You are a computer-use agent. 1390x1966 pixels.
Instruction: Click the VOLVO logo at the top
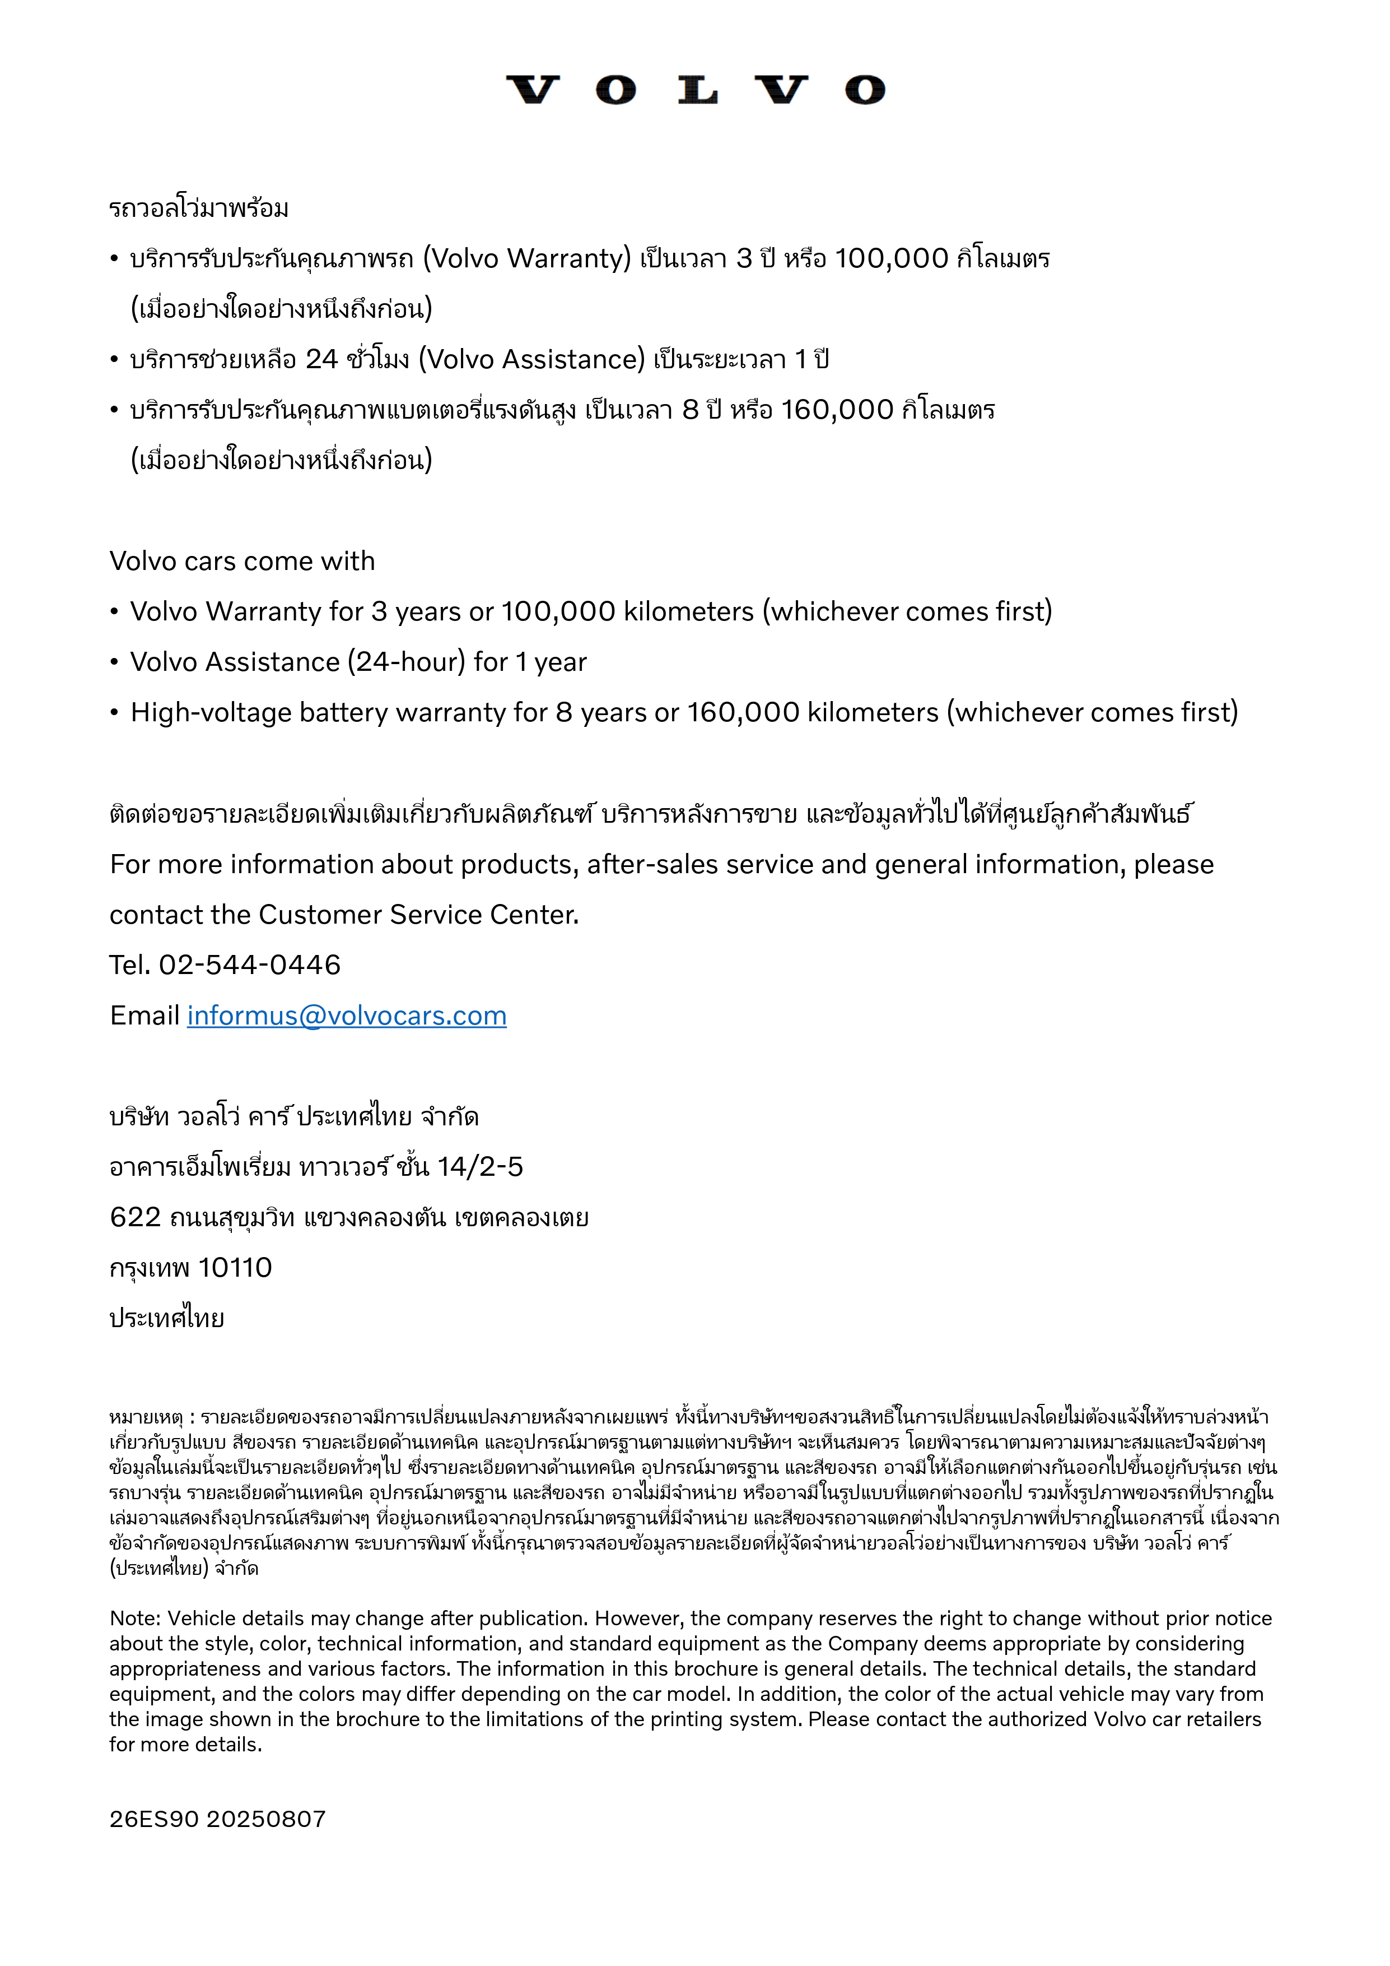pyautogui.click(x=695, y=90)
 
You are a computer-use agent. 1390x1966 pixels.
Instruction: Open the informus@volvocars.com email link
pyautogui.click(x=347, y=1016)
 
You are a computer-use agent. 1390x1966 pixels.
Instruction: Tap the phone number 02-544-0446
pyautogui.click(x=250, y=965)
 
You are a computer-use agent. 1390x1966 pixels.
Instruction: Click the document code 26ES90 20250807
pyautogui.click(x=217, y=1819)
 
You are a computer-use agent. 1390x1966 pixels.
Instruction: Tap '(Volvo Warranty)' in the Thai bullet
pyautogui.click(x=526, y=258)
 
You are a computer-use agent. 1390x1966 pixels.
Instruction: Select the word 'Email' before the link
pyautogui.click(x=144, y=1016)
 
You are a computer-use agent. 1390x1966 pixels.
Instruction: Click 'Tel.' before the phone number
pyautogui.click(x=130, y=965)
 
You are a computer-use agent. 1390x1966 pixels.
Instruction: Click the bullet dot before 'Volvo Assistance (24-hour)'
pyautogui.click(x=114, y=662)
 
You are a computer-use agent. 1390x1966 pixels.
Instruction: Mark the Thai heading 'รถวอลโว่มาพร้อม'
pyautogui.click(x=199, y=208)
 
